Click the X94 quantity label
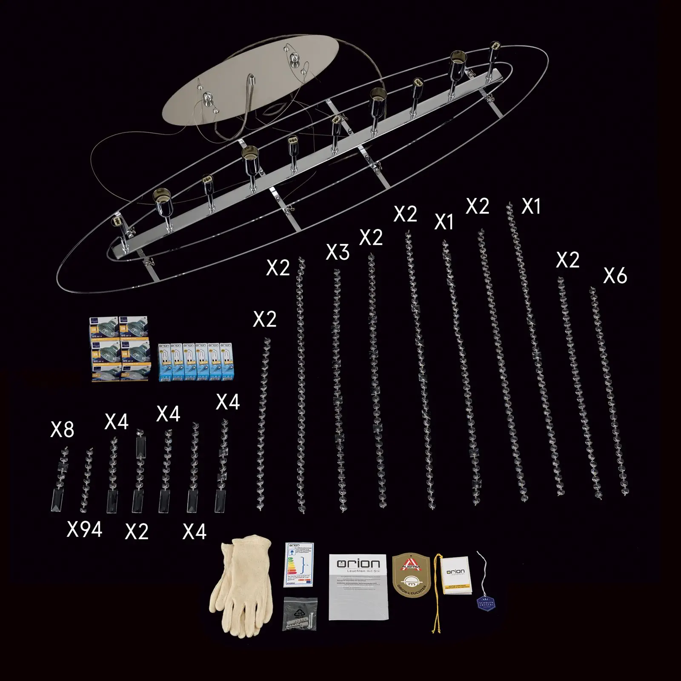(x=84, y=530)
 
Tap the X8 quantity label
(x=62, y=430)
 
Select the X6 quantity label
(x=615, y=276)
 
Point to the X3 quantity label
(x=338, y=252)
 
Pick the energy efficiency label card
(x=299, y=564)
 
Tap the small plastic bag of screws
(x=300, y=613)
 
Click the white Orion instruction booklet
(x=359, y=587)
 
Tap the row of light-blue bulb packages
(x=195, y=362)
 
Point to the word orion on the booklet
(x=358, y=564)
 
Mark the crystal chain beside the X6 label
(x=609, y=392)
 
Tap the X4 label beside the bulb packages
(x=228, y=402)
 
